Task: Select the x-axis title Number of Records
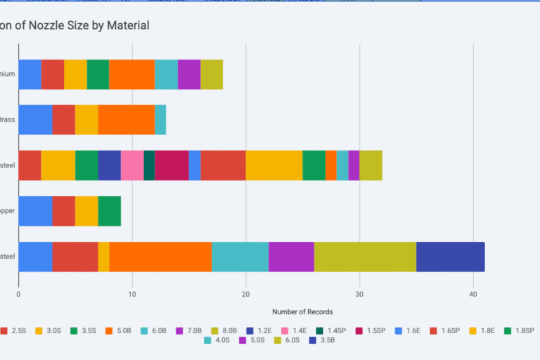(302, 311)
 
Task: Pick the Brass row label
(7, 120)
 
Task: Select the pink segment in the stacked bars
(132, 165)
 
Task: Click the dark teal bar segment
(149, 165)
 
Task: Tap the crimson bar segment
(172, 165)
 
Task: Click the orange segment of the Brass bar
(126, 120)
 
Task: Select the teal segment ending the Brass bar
(160, 120)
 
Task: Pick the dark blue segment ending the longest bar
(450, 256)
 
